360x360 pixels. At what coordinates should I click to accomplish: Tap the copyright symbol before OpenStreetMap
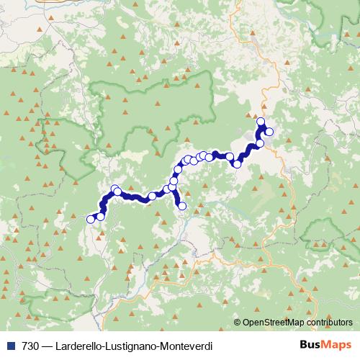pyautogui.click(x=238, y=323)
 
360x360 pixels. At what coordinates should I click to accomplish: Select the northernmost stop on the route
pyautogui.click(x=261, y=122)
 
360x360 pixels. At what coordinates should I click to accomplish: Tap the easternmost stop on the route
pyautogui.click(x=269, y=132)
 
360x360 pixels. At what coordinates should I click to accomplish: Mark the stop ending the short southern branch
pyautogui.click(x=182, y=207)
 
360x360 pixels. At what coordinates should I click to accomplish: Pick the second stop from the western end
pyautogui.click(x=100, y=216)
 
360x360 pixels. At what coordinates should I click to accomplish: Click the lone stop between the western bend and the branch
pyautogui.click(x=152, y=196)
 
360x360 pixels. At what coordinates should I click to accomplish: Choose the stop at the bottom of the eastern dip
pyautogui.click(x=237, y=164)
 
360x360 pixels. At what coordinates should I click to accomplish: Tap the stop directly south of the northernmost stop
pyautogui.click(x=260, y=143)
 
